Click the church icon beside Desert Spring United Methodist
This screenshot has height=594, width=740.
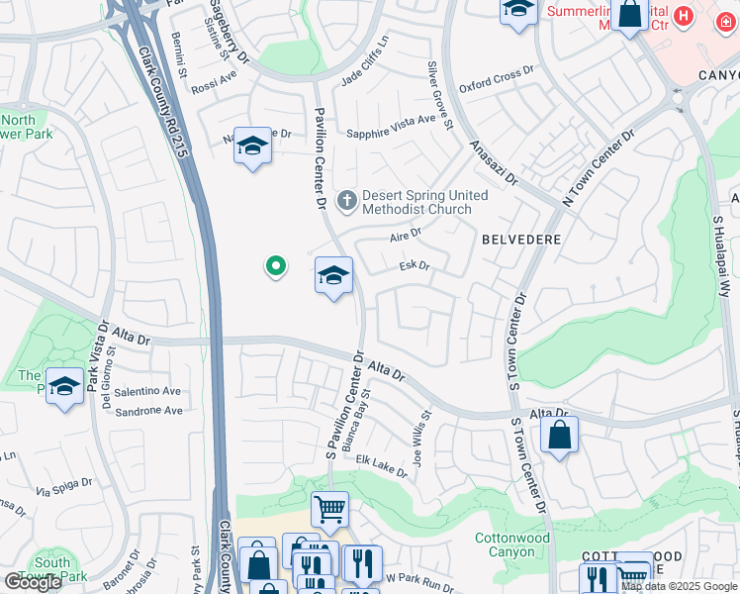[x=346, y=202]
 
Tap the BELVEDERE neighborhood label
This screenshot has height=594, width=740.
[x=521, y=240]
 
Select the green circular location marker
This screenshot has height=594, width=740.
[x=276, y=266]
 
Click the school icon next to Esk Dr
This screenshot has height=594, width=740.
[x=334, y=276]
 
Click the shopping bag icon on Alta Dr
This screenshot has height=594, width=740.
[x=559, y=435]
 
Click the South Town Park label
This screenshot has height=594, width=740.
[x=51, y=568]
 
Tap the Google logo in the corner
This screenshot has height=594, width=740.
[x=33, y=582]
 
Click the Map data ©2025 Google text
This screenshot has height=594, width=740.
[x=679, y=586]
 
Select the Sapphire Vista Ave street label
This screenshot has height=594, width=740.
[x=391, y=120]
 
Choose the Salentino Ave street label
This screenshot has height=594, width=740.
[x=147, y=392]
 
